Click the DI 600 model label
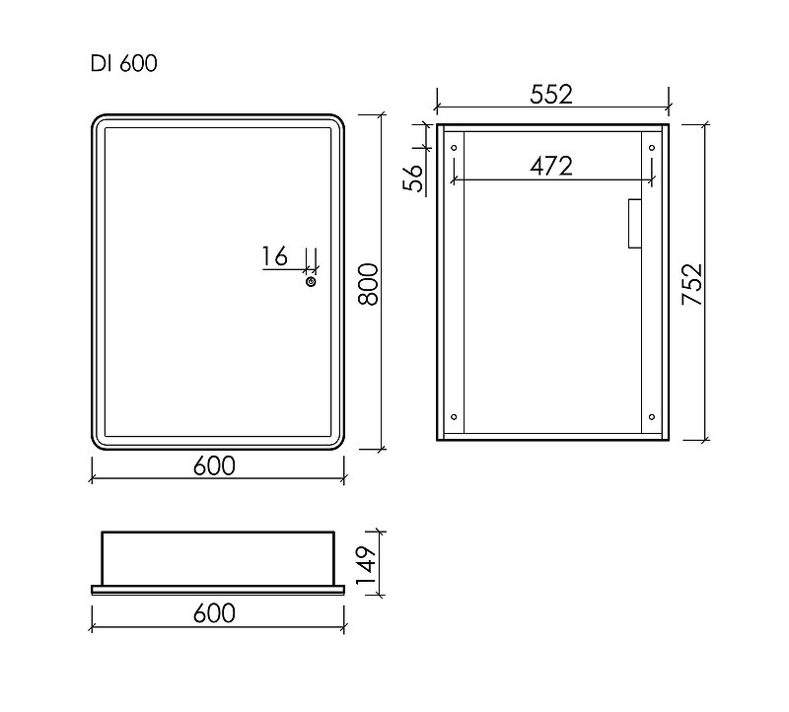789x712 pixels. click(124, 63)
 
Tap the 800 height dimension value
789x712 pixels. click(368, 284)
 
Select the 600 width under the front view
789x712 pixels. click(214, 465)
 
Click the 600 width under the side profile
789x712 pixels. click(214, 613)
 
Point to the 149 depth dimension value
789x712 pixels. click(366, 565)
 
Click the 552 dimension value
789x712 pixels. click(551, 95)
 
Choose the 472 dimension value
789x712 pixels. click(551, 166)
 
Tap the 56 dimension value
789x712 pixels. click(413, 178)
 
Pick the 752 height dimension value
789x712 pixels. click(692, 284)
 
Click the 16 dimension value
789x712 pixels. click(275, 256)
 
